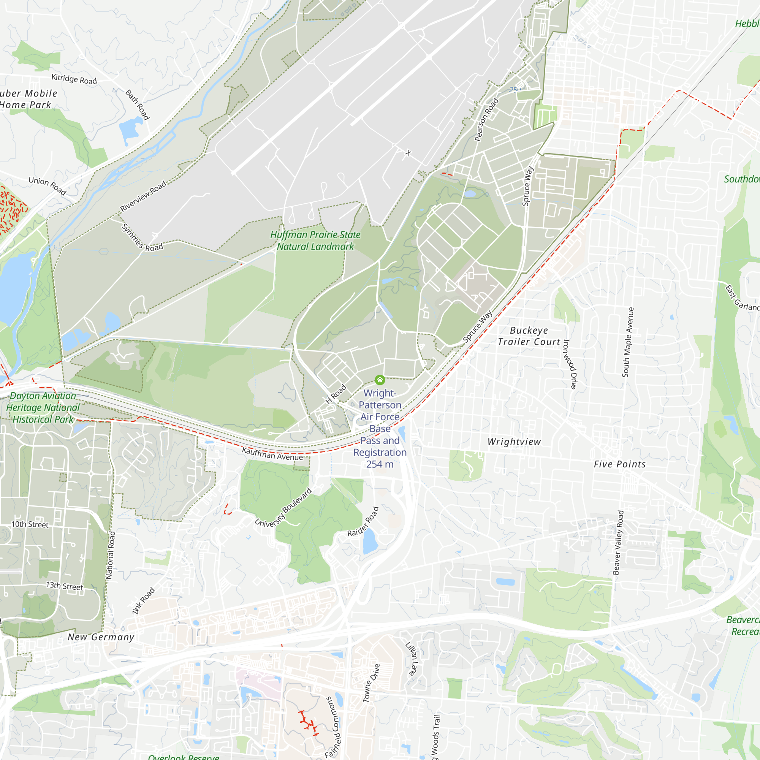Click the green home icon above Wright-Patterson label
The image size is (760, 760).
[380, 380]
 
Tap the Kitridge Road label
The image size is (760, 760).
[74, 79]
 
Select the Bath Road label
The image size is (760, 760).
[137, 104]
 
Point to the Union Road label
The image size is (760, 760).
[47, 185]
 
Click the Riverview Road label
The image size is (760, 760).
[143, 196]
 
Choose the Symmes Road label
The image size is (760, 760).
[142, 238]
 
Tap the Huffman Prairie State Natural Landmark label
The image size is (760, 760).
[315, 241]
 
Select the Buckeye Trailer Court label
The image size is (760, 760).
[529, 336]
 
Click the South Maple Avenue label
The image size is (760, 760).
[628, 342]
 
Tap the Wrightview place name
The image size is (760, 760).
[514, 442]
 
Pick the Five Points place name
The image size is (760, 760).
[619, 464]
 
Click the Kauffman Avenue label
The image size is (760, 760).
[272, 454]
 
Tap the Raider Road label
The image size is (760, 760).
[363, 522]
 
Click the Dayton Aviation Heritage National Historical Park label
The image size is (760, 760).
[43, 407]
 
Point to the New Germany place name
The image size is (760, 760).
[101, 637]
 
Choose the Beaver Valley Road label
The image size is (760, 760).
[618, 543]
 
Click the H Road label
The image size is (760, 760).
[336, 394]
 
